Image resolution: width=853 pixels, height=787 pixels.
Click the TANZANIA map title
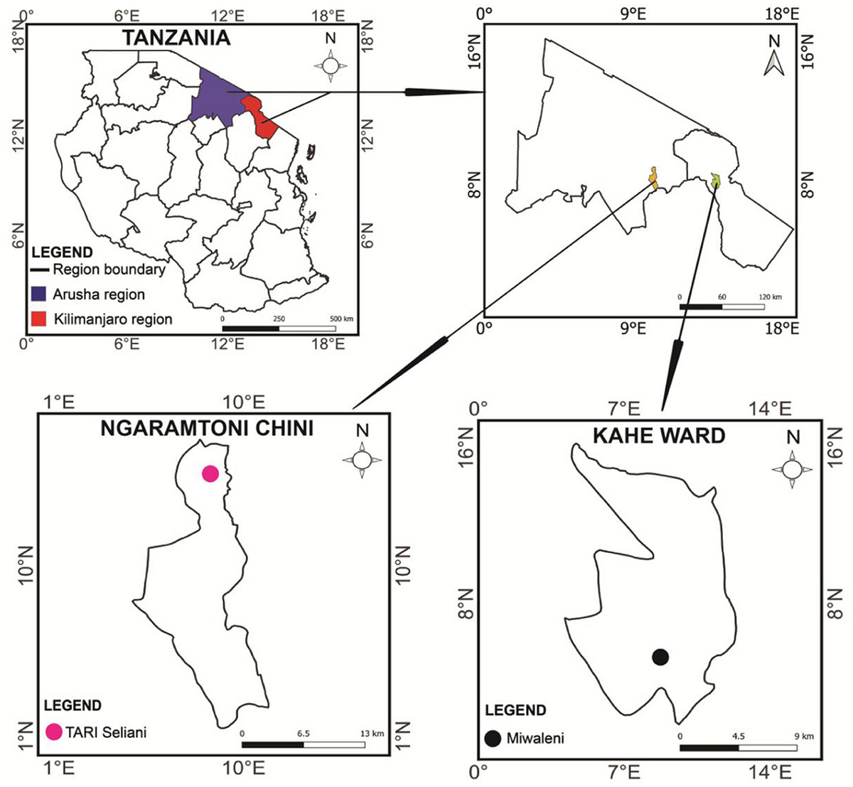pyautogui.click(x=177, y=38)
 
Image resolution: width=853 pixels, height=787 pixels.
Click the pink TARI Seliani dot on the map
pyautogui.click(x=210, y=473)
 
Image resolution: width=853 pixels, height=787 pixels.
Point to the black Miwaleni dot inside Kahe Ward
pyautogui.click(x=660, y=657)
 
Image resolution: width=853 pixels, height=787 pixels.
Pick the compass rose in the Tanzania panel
pyautogui.click(x=331, y=65)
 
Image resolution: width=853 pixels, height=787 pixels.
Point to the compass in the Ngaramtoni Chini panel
pyautogui.click(x=362, y=459)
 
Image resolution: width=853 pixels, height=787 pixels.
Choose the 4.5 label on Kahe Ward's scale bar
pyautogui.click(x=740, y=737)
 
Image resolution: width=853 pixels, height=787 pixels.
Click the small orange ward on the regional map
pyautogui.click(x=653, y=178)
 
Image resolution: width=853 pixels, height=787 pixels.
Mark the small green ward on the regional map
pyautogui.click(x=715, y=181)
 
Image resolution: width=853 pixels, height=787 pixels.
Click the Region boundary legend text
pyautogui.click(x=109, y=269)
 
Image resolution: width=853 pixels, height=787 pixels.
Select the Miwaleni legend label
pyautogui.click(x=535, y=738)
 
